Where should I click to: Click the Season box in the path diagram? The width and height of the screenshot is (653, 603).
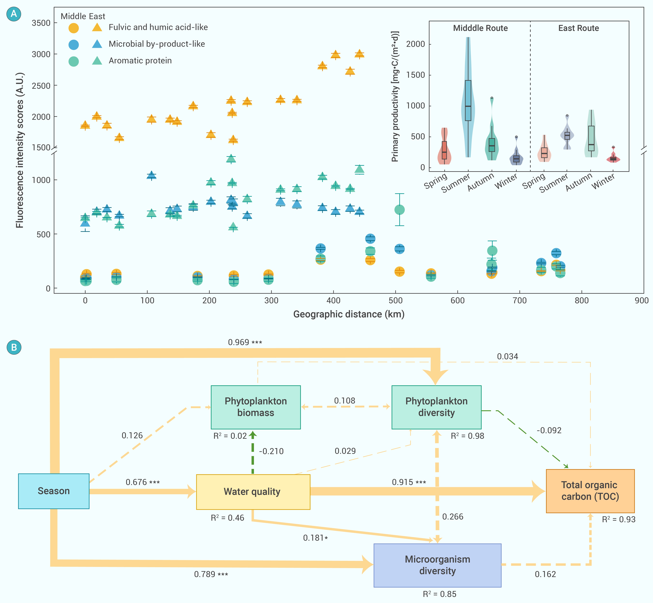[54, 491]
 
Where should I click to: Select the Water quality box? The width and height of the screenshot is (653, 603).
[253, 492]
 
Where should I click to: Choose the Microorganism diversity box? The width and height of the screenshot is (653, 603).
[437, 565]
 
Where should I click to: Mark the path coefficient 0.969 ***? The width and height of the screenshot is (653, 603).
[245, 342]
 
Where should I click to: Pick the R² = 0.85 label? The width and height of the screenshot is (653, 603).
[439, 594]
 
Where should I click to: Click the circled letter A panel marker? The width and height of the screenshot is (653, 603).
[14, 14]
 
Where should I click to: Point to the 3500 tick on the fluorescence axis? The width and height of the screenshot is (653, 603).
[41, 23]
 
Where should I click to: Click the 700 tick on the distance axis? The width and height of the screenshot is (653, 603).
[520, 301]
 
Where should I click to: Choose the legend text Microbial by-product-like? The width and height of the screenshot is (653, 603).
[157, 44]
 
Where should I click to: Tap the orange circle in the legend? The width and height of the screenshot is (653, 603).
[74, 28]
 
